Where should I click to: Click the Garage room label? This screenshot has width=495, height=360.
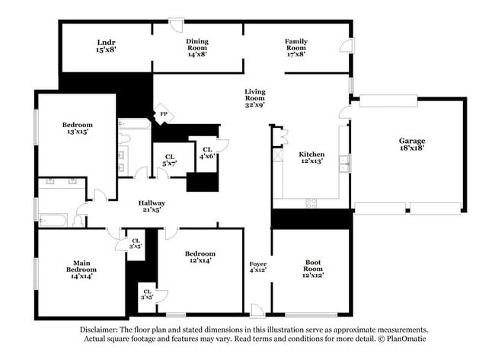(411, 141)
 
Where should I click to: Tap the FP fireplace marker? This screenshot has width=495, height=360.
(163, 114)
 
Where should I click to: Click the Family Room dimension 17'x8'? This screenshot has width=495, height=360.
(295, 54)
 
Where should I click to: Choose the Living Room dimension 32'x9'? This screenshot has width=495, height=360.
(254, 104)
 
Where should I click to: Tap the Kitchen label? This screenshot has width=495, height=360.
(311, 152)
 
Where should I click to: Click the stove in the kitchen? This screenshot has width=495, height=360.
(311, 202)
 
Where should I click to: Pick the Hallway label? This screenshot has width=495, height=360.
(152, 203)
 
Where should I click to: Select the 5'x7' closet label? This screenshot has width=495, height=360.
(169, 164)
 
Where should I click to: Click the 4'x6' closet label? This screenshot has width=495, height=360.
(206, 156)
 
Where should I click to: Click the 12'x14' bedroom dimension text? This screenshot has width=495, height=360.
(200, 260)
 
